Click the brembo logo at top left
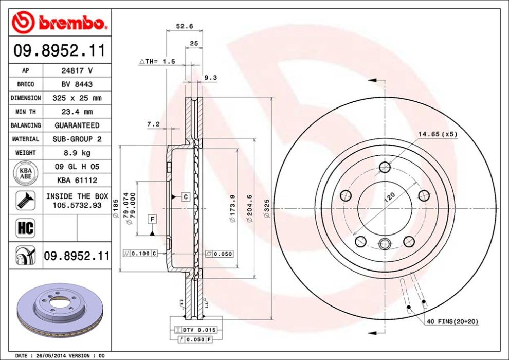point(60,22)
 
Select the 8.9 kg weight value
point(77,153)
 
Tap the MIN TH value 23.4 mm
point(77,112)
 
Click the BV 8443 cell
point(77,84)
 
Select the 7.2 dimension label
point(153,124)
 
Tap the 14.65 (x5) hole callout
point(437,134)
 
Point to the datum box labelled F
point(152,220)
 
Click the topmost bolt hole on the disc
point(385,167)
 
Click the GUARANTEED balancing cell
point(77,125)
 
